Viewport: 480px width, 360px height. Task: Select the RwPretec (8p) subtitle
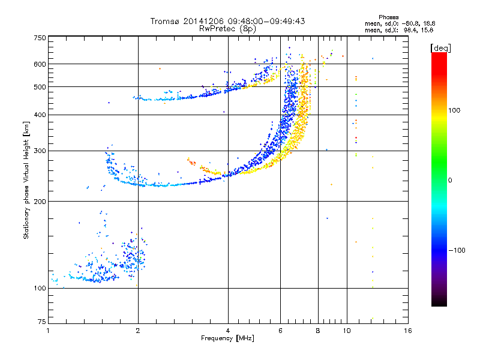pyautogui.click(x=227, y=29)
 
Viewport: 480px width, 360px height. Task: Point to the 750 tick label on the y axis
pyautogui.click(x=40, y=38)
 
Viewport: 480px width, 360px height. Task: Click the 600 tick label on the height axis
pyautogui.click(x=40, y=64)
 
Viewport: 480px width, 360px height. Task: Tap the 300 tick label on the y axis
pyautogui.click(x=40, y=151)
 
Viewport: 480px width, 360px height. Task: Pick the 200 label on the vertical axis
pyautogui.click(x=40, y=202)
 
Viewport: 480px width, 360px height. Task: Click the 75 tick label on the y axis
pyautogui.click(x=42, y=322)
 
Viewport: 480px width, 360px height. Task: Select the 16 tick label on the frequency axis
pyautogui.click(x=408, y=331)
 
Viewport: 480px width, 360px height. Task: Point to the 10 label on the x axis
pyautogui.click(x=347, y=331)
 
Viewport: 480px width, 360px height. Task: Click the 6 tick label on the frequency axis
pyautogui.click(x=280, y=331)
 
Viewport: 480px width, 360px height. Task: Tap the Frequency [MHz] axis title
pyautogui.click(x=227, y=338)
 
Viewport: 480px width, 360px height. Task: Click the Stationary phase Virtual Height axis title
pyautogui.click(x=26, y=181)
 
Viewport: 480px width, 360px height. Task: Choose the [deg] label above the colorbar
pyautogui.click(x=440, y=48)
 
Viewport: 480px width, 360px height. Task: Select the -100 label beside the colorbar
pyautogui.click(x=457, y=250)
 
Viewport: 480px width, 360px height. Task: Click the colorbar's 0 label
pyautogui.click(x=450, y=180)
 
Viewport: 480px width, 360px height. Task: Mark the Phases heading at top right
pyautogui.click(x=388, y=17)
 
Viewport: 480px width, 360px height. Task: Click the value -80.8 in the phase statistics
pyautogui.click(x=410, y=23)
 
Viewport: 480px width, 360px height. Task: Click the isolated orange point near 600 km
pyautogui.click(x=160, y=69)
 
